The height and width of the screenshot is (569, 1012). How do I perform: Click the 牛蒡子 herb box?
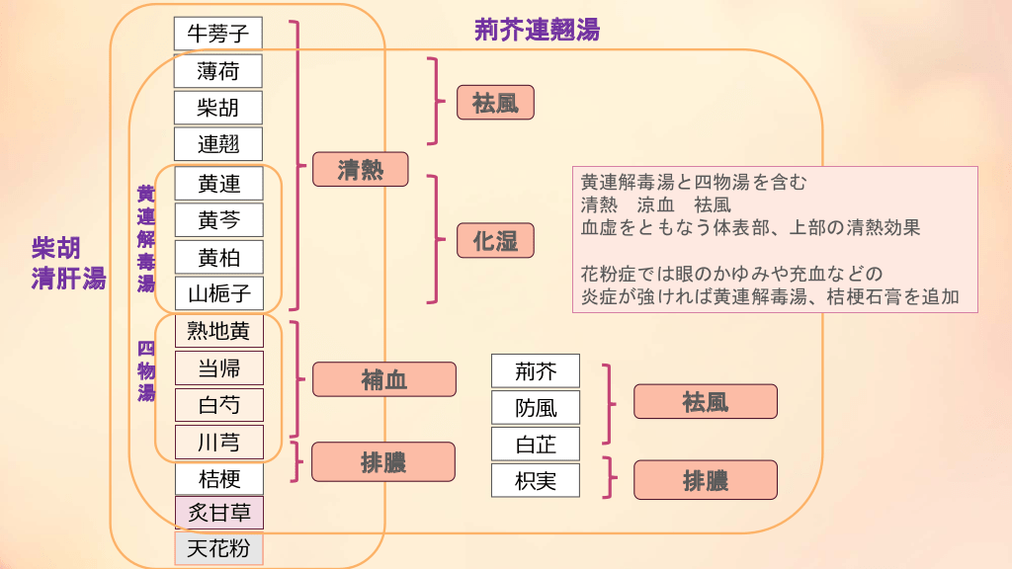click(218, 34)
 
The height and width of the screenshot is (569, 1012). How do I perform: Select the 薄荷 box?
click(218, 70)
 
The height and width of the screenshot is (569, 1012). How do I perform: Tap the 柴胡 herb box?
click(218, 107)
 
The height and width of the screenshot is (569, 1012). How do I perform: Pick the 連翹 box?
click(218, 144)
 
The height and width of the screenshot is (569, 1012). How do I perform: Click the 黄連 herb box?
click(218, 183)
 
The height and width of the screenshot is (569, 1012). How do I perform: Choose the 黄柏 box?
click(218, 257)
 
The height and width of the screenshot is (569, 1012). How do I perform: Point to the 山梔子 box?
click(218, 293)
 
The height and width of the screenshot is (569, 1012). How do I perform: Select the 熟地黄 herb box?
click(218, 331)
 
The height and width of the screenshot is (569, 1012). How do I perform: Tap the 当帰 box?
click(218, 368)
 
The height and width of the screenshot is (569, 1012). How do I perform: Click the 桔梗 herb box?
click(218, 479)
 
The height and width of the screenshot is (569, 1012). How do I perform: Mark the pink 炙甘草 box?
click(218, 513)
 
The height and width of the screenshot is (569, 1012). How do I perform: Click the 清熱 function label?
click(361, 169)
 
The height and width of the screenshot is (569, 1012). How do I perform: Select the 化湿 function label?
click(495, 240)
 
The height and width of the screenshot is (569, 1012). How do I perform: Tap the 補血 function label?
click(384, 379)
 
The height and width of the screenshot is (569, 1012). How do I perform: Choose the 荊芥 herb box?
click(536, 371)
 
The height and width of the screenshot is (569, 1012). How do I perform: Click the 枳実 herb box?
click(536, 481)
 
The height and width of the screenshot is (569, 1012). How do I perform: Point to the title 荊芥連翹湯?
click(537, 30)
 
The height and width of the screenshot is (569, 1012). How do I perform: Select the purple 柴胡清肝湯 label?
click(68, 263)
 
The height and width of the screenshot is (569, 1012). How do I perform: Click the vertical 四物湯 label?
click(146, 370)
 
